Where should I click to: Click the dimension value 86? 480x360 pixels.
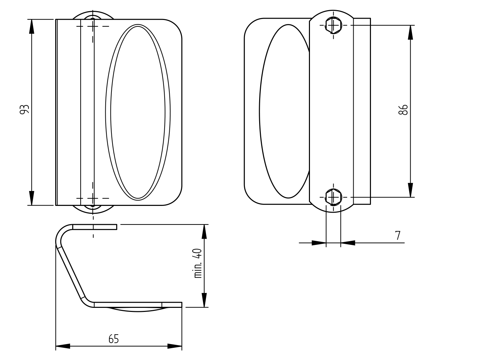403,110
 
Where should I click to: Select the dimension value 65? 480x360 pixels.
113,339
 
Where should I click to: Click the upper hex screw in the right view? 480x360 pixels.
333,25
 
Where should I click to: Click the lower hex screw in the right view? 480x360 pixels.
333,197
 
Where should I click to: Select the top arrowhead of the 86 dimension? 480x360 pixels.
410,32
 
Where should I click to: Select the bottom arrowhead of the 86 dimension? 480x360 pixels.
410,190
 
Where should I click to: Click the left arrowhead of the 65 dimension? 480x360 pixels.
63,346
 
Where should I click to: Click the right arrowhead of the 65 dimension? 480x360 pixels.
175,346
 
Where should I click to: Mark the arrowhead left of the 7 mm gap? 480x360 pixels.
319,243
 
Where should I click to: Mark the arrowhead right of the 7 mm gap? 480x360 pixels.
348,243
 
